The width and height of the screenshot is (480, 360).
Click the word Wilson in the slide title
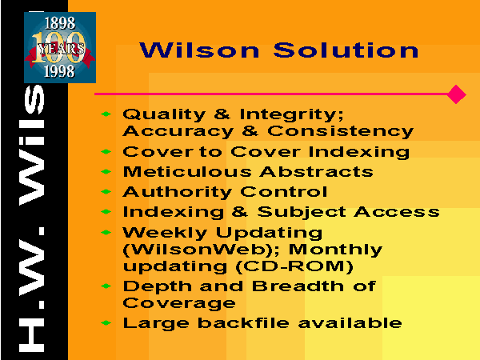[x=199, y=50]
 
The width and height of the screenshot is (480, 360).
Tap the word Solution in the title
[x=346, y=50]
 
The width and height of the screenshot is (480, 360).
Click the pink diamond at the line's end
[x=456, y=94]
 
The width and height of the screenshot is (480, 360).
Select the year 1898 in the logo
[x=60, y=23]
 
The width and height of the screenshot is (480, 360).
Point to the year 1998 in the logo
[x=59, y=71]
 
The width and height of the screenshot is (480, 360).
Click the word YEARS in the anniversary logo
[x=61, y=49]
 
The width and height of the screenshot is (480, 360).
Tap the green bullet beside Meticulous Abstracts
[x=106, y=172]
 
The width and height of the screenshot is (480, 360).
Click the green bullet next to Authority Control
[x=106, y=192]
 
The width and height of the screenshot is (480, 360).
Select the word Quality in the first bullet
[x=164, y=114]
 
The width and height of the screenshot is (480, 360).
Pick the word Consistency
[x=340, y=131]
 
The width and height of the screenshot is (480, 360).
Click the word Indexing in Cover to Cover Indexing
[x=358, y=152]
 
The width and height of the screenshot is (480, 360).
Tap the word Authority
[x=177, y=193]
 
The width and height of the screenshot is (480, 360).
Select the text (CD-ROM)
[x=294, y=266]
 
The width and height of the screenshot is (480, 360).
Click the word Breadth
[x=298, y=286]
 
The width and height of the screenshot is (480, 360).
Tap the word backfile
[x=243, y=323]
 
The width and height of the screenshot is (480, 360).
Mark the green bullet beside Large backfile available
[x=106, y=323]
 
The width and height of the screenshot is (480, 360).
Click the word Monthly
[x=335, y=250]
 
